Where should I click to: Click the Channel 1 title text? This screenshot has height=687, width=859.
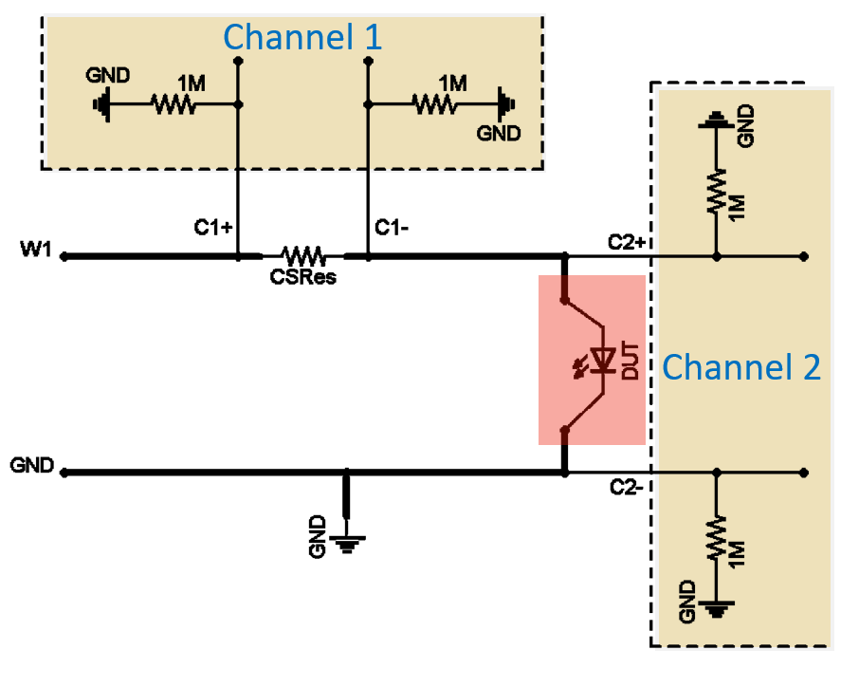click(302, 37)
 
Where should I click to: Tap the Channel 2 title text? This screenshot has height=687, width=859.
click(741, 367)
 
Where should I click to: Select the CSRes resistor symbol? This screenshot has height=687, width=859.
click(303, 255)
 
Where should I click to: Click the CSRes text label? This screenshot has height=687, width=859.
click(303, 277)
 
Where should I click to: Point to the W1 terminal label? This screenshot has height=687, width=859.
click(36, 249)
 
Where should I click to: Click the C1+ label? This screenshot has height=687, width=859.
click(213, 227)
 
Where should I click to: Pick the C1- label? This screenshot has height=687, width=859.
click(392, 227)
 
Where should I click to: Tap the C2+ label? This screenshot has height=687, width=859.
click(627, 242)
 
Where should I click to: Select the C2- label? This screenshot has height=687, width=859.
click(626, 487)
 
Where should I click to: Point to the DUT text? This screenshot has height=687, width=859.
click(631, 362)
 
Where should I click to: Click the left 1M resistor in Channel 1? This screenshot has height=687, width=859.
click(174, 103)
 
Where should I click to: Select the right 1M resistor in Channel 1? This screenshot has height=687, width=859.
click(435, 103)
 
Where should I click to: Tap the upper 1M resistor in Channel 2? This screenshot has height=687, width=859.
click(716, 191)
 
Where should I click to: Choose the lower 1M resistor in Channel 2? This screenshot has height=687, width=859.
click(716, 537)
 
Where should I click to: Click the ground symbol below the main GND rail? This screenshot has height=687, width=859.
click(347, 544)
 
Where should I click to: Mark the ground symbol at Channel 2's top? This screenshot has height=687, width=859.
click(716, 121)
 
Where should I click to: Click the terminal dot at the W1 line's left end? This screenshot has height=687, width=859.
click(64, 256)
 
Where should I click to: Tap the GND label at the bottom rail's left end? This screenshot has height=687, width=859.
click(32, 465)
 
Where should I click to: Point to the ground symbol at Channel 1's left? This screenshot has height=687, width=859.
click(102, 103)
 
